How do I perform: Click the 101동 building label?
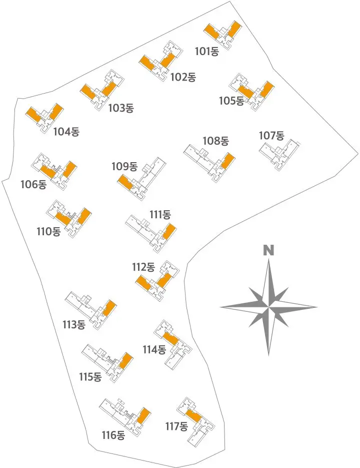(207, 51)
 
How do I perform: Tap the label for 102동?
(183, 77)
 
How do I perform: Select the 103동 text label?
(121, 108)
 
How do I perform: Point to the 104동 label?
(66, 132)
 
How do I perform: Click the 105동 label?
(231, 101)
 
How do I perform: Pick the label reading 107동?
(271, 136)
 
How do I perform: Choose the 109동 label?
(124, 166)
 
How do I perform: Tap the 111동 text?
(160, 215)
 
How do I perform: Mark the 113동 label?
(74, 324)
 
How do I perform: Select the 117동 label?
(176, 426)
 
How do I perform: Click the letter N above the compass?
(269, 250)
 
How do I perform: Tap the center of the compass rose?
(269, 306)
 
